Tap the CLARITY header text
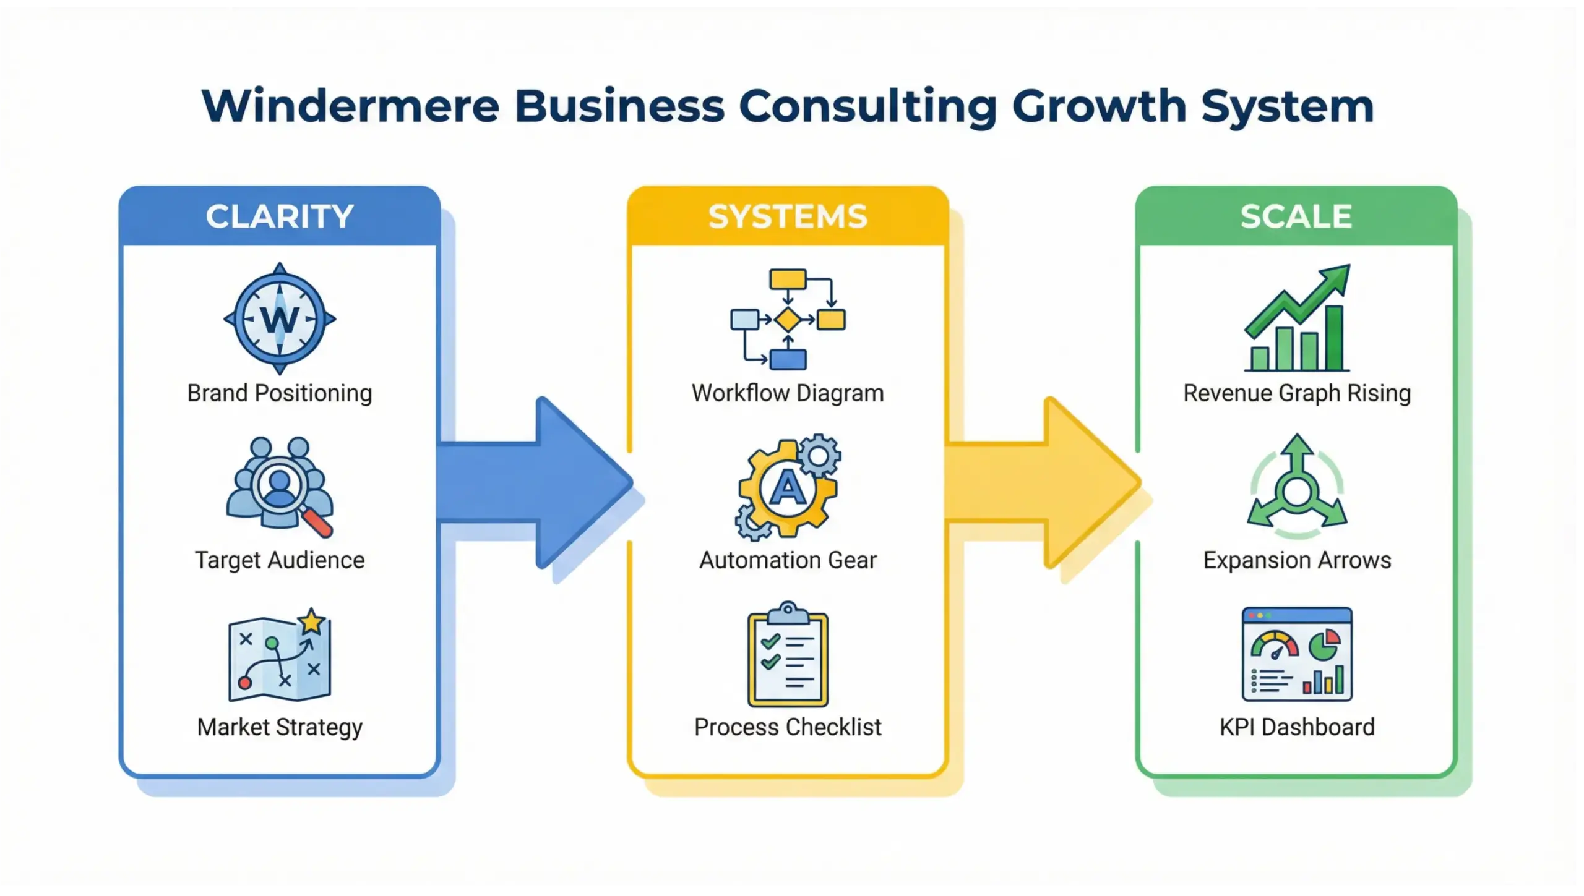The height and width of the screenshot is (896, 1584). (280, 216)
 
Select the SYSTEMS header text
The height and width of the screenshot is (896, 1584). (788, 216)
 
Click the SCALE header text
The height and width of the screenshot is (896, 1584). (1296, 216)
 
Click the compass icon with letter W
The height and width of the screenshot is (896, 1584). (280, 319)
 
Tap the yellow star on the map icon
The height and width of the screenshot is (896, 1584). (312, 621)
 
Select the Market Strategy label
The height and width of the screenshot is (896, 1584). (280, 727)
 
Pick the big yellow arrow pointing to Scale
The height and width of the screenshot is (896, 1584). (1046, 483)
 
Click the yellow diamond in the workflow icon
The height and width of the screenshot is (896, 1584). (788, 320)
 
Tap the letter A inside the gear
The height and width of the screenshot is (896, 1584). (787, 489)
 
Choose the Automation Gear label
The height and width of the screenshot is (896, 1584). (788, 560)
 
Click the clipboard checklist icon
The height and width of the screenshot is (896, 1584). (788, 655)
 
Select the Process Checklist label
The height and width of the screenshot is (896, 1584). (788, 727)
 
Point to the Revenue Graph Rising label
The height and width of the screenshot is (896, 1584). (1297, 393)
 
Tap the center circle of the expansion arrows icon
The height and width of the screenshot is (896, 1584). (1297, 492)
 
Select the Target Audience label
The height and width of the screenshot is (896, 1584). (280, 560)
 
